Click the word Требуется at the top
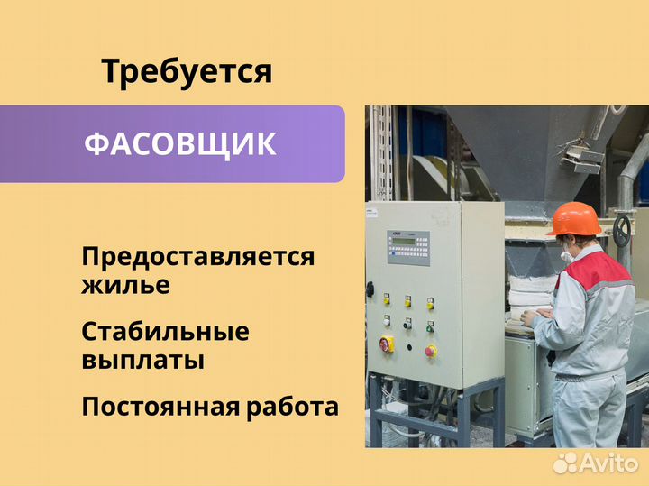point(187,72)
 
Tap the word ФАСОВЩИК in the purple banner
point(180,144)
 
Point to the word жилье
point(125,285)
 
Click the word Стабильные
point(165,331)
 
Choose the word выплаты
point(142,360)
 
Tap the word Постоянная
point(160,407)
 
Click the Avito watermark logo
point(595,463)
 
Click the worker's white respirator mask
point(565,254)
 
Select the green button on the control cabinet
point(430,327)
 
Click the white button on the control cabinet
point(387,320)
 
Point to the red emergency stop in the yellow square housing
point(387,344)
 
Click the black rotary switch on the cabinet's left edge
point(370,289)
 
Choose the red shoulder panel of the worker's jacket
point(595,270)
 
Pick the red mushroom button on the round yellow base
point(431,351)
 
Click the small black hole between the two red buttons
point(409,347)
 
